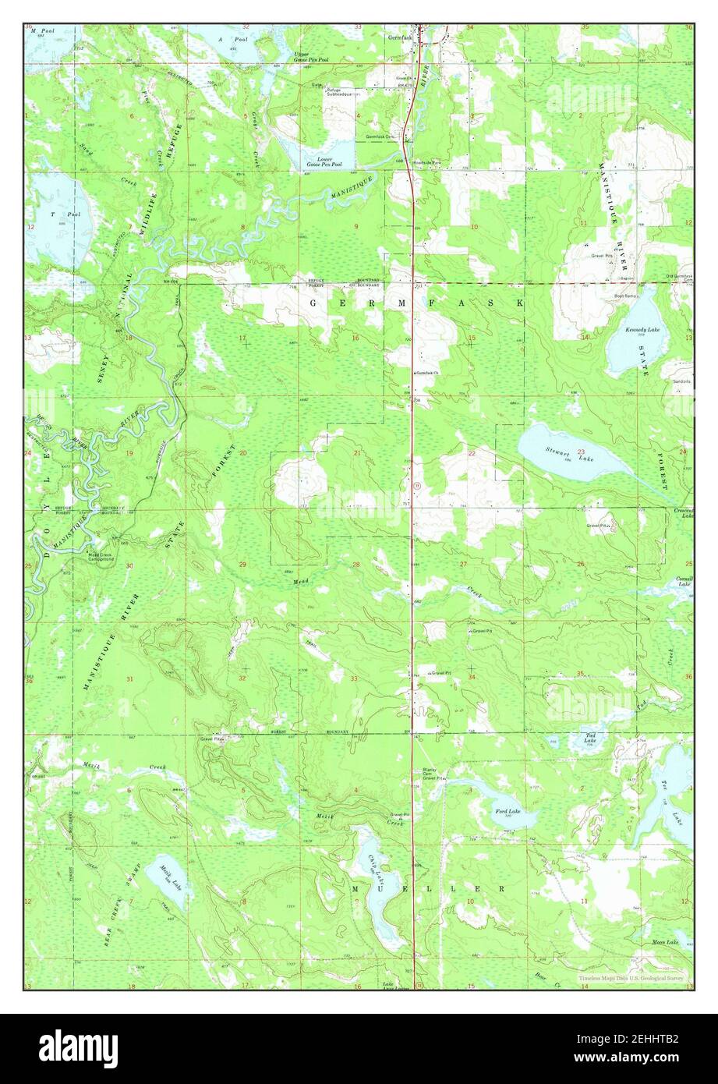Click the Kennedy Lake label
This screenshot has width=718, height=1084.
point(642,330)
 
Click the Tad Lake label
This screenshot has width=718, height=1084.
point(592,736)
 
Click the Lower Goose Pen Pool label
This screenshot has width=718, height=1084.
point(324,162)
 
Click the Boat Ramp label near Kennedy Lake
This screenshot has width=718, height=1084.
point(625,296)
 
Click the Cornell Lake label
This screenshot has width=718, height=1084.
point(684,581)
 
